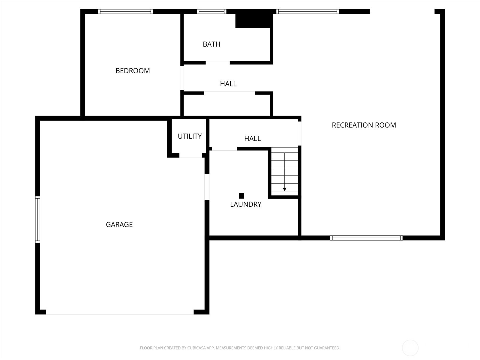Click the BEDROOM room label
pyautogui.click(x=133, y=70)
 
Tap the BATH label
pyautogui.click(x=211, y=44)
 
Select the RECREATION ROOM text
pyautogui.click(x=364, y=125)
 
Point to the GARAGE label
pyautogui.click(x=119, y=224)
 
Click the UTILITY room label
pyautogui.click(x=190, y=136)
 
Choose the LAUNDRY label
pyautogui.click(x=246, y=204)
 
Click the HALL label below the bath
pyautogui.click(x=228, y=84)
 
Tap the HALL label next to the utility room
pyautogui.click(x=253, y=138)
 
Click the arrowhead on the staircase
pyautogui.click(x=284, y=189)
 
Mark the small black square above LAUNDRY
pyautogui.click(x=241, y=196)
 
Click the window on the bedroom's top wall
pyautogui.click(x=125, y=12)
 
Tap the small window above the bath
pyautogui.click(x=211, y=12)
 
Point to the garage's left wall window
pyautogui.click(x=37, y=220)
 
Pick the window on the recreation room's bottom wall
pyautogui.click(x=366, y=238)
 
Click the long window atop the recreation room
pyautogui.click(x=307, y=12)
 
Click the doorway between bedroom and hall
pyautogui.click(x=182, y=78)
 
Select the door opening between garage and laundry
pyautogui.click(x=207, y=187)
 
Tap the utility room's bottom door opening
pyautogui.click(x=191, y=155)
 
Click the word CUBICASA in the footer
pyautogui.click(x=196, y=348)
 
